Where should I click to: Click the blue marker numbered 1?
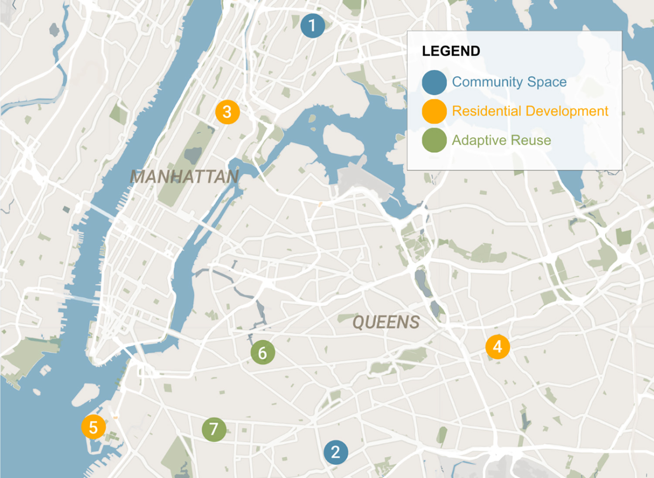pyautogui.click(x=313, y=26)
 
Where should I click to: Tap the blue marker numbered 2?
pyautogui.click(x=336, y=452)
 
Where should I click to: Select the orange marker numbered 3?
pyautogui.click(x=227, y=112)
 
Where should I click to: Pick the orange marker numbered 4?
pyautogui.click(x=497, y=347)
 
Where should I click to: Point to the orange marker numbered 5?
pyautogui.click(x=93, y=427)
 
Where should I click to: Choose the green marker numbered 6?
pyautogui.click(x=262, y=352)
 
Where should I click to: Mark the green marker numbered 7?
pyautogui.click(x=214, y=429)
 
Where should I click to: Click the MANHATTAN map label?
pyautogui.click(x=184, y=177)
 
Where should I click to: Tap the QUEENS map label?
pyautogui.click(x=386, y=322)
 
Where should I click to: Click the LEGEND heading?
pyautogui.click(x=451, y=51)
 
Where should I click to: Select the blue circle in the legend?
pyautogui.click(x=434, y=82)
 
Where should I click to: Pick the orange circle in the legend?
pyautogui.click(x=434, y=111)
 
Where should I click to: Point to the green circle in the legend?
pyautogui.click(x=434, y=140)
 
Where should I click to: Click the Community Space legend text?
pyautogui.click(x=509, y=82)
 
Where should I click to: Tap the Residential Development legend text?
pyautogui.click(x=530, y=111)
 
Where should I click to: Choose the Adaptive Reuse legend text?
pyautogui.click(x=501, y=140)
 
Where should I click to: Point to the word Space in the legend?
pyautogui.click(x=547, y=82)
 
